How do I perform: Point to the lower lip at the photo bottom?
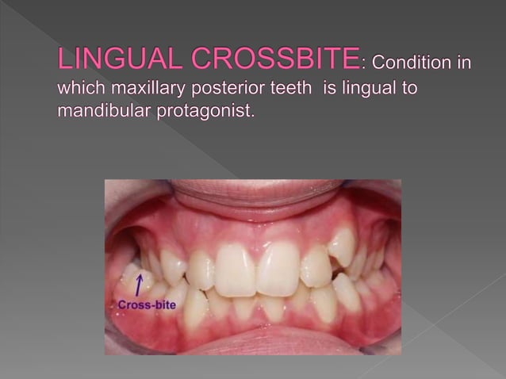tap(254, 343)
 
